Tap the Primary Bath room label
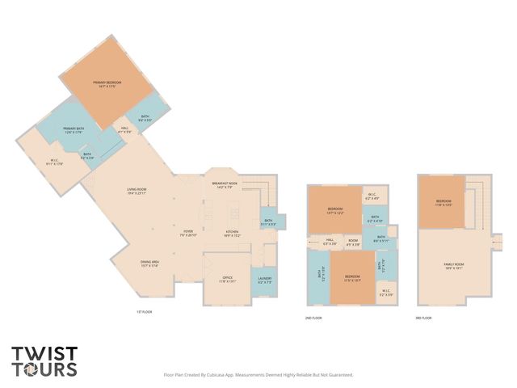74,129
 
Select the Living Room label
141,192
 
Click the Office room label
227,280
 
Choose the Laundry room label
264,280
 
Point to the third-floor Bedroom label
443,202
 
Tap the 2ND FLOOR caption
314,318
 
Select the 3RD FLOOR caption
423,318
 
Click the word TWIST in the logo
45,353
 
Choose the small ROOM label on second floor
353,240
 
